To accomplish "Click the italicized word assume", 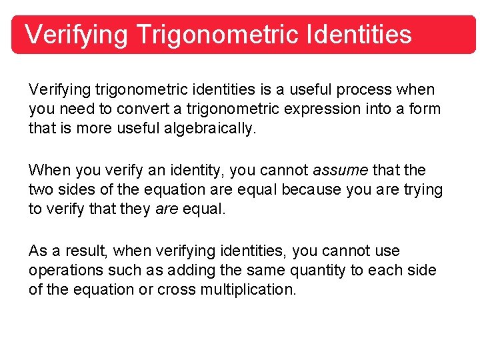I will (x=341, y=171).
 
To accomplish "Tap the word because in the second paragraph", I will (x=311, y=190).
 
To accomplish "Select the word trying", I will (x=423, y=190).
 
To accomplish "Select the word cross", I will (x=176, y=290).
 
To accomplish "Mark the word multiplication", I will (x=247, y=290).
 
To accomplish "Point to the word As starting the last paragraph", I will (x=37, y=251).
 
